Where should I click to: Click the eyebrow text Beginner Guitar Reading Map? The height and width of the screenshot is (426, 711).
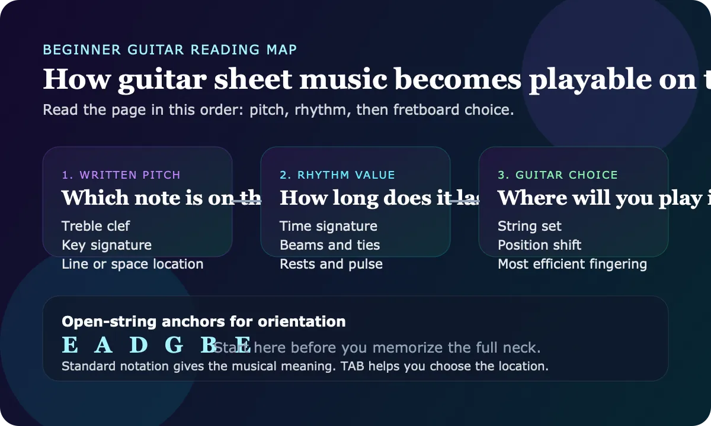pyautogui.click(x=170, y=50)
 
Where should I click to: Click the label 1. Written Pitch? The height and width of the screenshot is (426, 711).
pyautogui.click(x=121, y=175)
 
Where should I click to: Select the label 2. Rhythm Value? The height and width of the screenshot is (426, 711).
pyautogui.click(x=337, y=175)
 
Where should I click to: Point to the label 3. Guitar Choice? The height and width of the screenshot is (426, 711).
pyautogui.click(x=558, y=175)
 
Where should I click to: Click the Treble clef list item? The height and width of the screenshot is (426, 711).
pyautogui.click(x=95, y=226)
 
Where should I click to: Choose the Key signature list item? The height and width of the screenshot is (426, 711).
pyautogui.click(x=107, y=245)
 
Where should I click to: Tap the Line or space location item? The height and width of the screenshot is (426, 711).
pyautogui.click(x=132, y=264)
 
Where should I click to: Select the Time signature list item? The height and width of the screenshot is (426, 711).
pyautogui.click(x=328, y=226)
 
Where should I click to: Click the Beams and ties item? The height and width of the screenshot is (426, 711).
pyautogui.click(x=329, y=245)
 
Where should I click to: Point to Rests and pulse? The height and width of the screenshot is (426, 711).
pyautogui.click(x=331, y=264)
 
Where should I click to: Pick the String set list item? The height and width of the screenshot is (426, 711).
pyautogui.click(x=530, y=226)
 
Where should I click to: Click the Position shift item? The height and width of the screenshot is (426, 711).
pyautogui.click(x=539, y=245)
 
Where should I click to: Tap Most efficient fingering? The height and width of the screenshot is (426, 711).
pyautogui.click(x=572, y=264)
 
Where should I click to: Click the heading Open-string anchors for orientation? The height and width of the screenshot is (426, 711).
pyautogui.click(x=203, y=322)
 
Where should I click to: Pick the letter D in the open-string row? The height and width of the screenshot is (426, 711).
pyautogui.click(x=138, y=346)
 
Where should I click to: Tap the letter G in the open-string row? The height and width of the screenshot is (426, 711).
pyautogui.click(x=174, y=346)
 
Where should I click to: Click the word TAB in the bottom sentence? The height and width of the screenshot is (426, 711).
pyautogui.click(x=352, y=366)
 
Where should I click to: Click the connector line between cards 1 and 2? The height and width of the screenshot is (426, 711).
pyautogui.click(x=246, y=201)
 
